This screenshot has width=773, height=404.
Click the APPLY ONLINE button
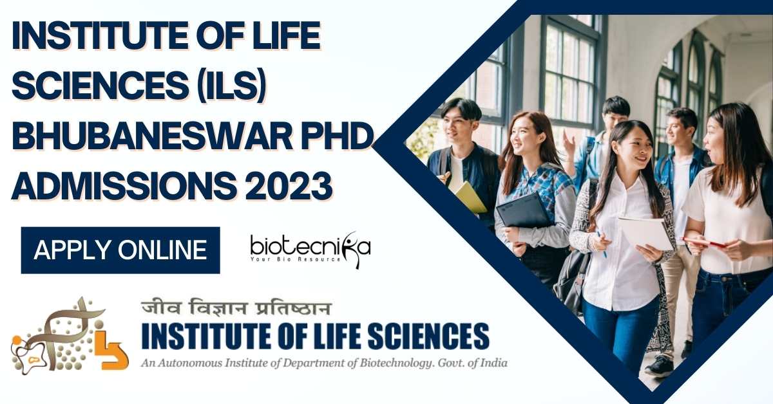click(x=120, y=250)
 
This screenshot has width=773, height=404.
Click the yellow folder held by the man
click(x=470, y=197)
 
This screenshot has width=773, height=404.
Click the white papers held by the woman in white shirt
click(x=645, y=234)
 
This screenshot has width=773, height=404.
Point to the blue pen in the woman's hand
click(x=602, y=244)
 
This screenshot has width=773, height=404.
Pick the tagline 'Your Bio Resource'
click(x=296, y=259)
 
